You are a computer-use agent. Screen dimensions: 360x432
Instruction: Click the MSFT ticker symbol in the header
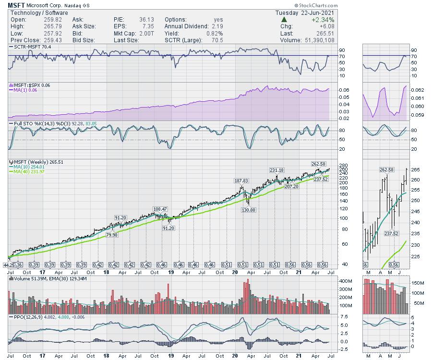17,6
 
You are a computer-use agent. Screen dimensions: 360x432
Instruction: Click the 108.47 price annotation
160,209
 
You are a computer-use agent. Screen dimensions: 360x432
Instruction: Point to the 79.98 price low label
112,235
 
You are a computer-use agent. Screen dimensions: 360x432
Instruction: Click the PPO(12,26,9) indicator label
28,317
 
